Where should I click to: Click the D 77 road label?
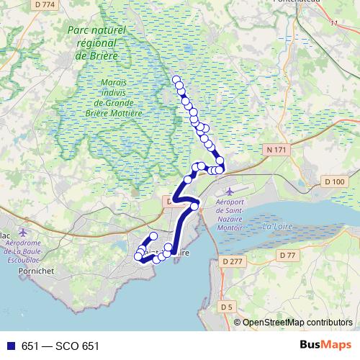tap(288, 256)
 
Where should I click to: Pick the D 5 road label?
tap(228, 307)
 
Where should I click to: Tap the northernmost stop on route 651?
tap(176, 79)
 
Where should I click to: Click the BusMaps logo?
tap(325, 346)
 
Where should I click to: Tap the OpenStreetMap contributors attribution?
tap(297, 323)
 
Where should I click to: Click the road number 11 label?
tap(333, 23)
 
